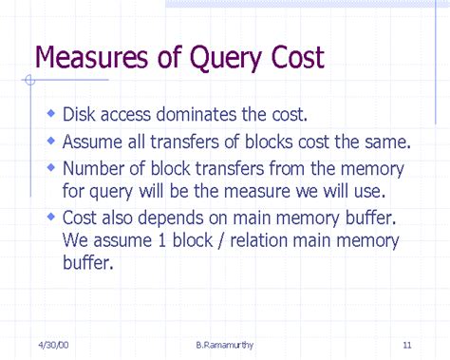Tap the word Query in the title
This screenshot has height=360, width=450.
(230, 60)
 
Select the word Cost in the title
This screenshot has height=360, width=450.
(296, 59)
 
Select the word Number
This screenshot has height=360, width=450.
(96, 169)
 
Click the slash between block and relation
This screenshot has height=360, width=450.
(228, 239)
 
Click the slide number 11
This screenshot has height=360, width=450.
(405, 343)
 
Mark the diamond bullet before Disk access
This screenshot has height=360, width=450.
(51, 115)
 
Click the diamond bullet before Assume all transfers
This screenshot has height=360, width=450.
(51, 142)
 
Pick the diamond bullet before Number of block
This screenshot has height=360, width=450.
(51, 168)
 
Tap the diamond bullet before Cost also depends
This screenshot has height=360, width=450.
(51, 217)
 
